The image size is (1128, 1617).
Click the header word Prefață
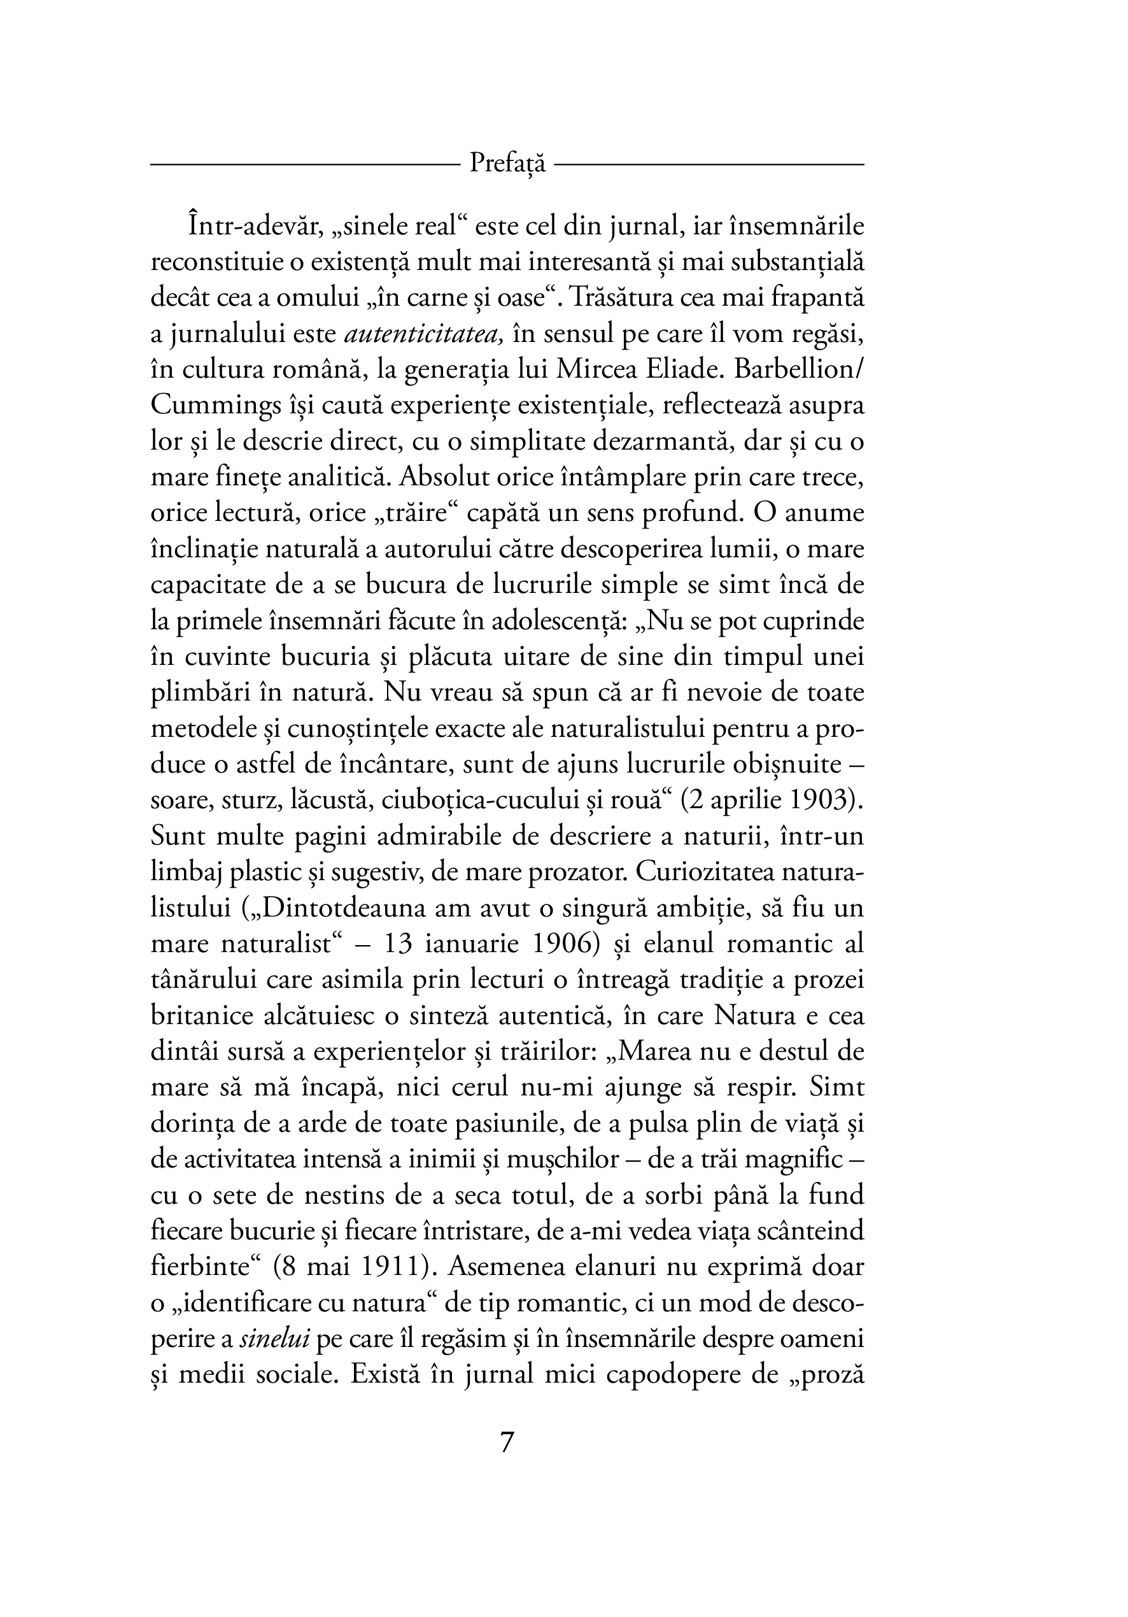click(507, 164)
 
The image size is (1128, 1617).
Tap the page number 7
click(507, 1443)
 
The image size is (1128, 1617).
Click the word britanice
click(197, 1016)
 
